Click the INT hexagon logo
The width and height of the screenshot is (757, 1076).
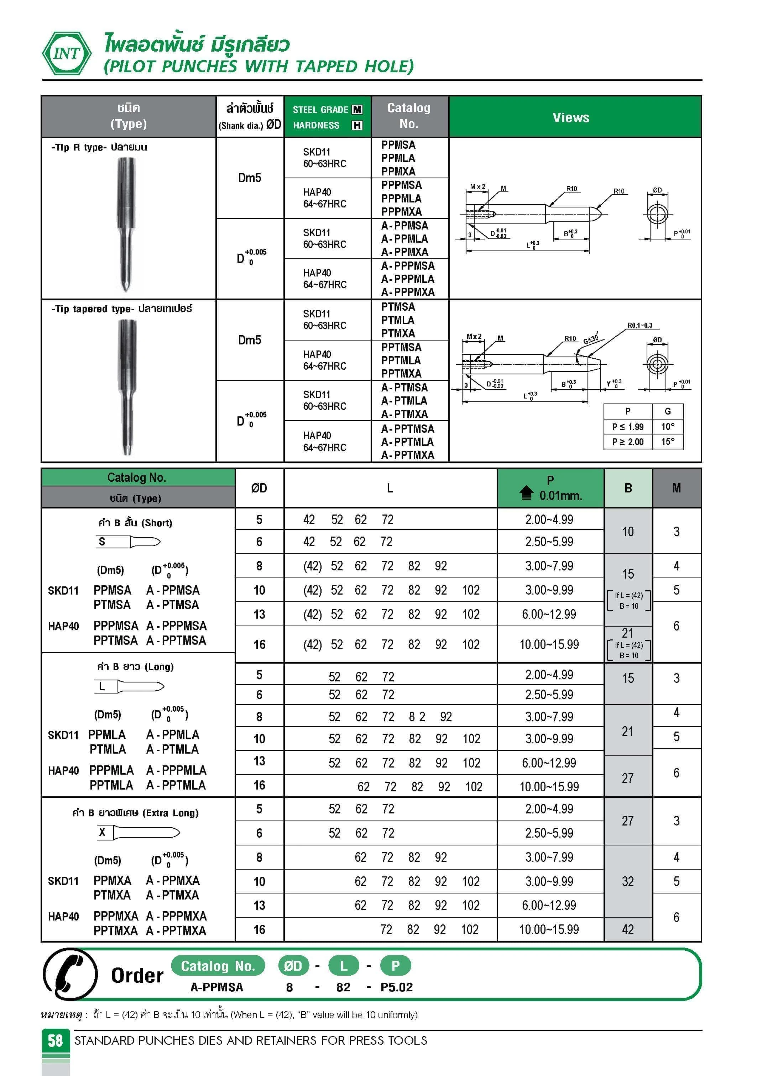tap(67, 53)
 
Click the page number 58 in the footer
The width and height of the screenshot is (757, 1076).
tap(55, 1040)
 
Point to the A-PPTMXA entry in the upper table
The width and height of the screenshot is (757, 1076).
tap(408, 455)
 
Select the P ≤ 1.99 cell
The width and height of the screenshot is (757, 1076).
tap(627, 427)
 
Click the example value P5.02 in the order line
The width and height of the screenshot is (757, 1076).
tap(396, 987)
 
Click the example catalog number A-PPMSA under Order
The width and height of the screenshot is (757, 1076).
tap(217, 987)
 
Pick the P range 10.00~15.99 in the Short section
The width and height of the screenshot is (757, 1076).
tap(549, 644)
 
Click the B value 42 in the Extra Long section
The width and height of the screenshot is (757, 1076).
tap(627, 929)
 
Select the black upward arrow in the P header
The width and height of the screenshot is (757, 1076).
tap(526, 492)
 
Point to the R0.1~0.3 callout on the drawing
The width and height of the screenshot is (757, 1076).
tap(640, 325)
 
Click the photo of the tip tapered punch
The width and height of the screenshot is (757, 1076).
tap(127, 387)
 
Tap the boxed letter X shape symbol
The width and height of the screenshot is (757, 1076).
tap(102, 832)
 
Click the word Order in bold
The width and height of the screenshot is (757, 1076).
tap(137, 976)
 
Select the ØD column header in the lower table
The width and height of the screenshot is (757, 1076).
tap(259, 488)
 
